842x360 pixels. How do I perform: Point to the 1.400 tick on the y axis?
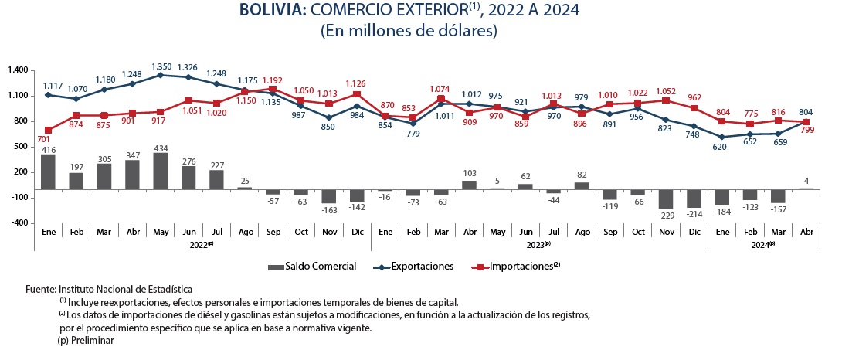tap(17, 70)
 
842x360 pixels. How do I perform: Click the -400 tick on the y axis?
tap(19, 223)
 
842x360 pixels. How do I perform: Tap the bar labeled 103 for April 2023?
tap(470, 185)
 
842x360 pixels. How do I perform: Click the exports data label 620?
tap(721, 147)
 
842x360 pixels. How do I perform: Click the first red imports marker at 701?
tap(48, 131)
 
